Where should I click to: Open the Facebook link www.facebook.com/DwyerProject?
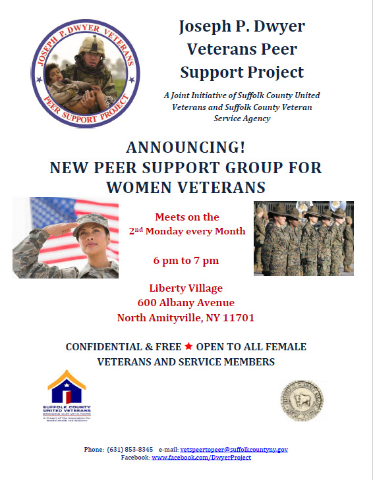pyautogui.click(x=201, y=457)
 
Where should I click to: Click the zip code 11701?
pyautogui.click(x=241, y=318)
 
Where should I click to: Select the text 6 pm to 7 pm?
pyautogui.click(x=186, y=261)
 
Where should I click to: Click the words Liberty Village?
pyautogui.click(x=186, y=288)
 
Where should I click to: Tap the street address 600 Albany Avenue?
pyautogui.click(x=186, y=303)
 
